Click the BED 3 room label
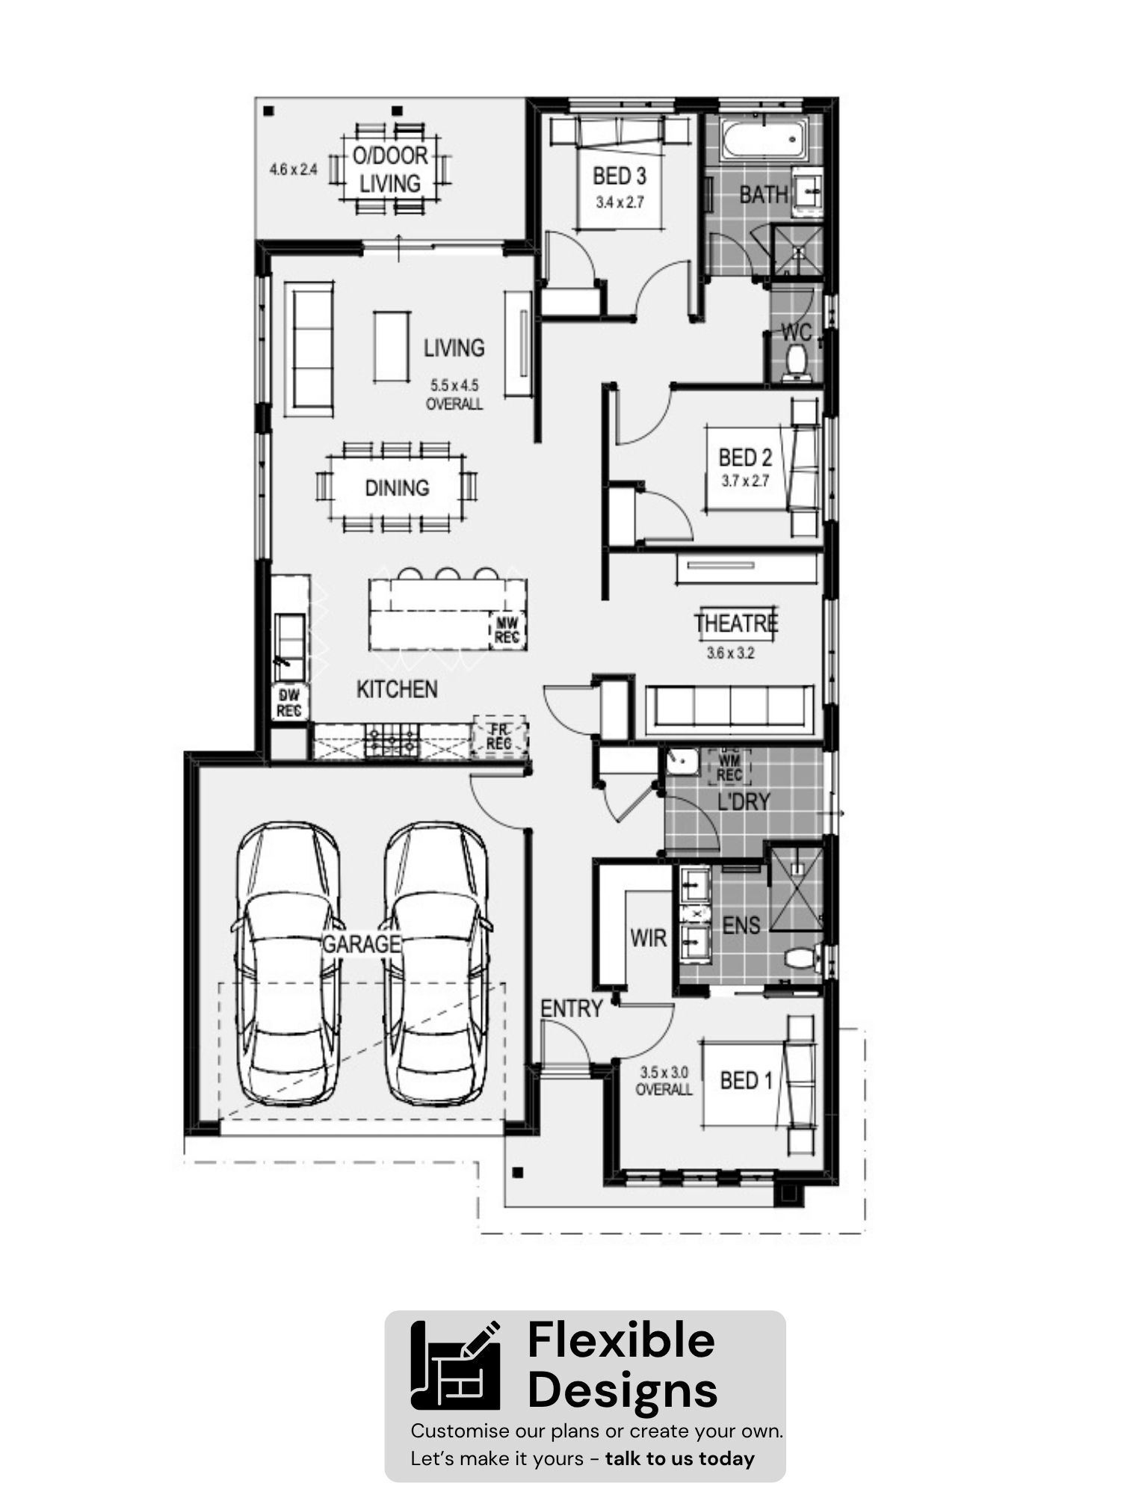click(x=620, y=176)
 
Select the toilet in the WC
click(x=796, y=364)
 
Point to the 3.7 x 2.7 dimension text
click(x=745, y=481)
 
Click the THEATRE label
click(x=736, y=623)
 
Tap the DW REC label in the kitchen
click(x=288, y=703)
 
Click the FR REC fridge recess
click(x=498, y=737)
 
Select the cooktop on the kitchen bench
click(x=392, y=741)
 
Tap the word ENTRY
click(x=572, y=1008)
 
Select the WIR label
click(x=648, y=937)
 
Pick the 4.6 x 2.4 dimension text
click(x=293, y=170)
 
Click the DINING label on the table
click(x=397, y=488)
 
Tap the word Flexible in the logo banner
click(x=621, y=1340)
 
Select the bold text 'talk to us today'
click(x=679, y=1458)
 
